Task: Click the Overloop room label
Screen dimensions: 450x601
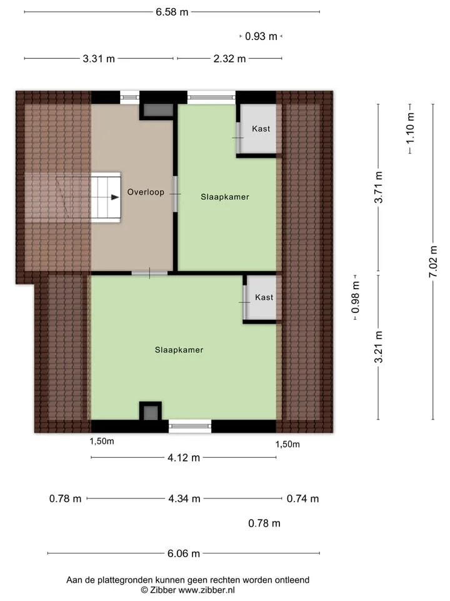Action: (x=146, y=192)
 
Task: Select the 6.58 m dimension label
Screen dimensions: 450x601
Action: (x=172, y=12)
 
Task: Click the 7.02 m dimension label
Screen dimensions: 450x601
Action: (x=432, y=262)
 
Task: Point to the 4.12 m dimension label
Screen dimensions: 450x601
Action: (x=184, y=458)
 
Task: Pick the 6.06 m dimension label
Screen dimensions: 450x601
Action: (x=184, y=553)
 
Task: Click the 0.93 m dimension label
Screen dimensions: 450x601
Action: (x=261, y=36)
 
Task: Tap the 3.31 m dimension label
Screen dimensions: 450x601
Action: (x=99, y=59)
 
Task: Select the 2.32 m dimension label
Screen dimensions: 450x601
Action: (x=229, y=59)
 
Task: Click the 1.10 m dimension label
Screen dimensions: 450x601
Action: (x=410, y=128)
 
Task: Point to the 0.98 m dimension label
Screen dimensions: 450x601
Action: (x=356, y=297)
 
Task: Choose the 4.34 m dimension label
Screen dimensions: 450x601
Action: (x=184, y=499)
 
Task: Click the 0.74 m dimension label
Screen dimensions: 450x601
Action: (x=302, y=499)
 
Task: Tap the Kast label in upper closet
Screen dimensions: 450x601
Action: (x=261, y=129)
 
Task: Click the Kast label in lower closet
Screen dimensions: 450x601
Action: (x=264, y=297)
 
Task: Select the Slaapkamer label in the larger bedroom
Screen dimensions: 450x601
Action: (x=179, y=350)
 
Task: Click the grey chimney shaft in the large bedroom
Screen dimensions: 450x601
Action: (x=151, y=413)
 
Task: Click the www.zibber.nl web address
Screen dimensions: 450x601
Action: (x=207, y=590)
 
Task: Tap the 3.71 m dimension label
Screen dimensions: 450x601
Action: (x=379, y=187)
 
